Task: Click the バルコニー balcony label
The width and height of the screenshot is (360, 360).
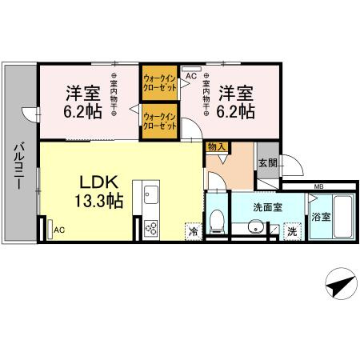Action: point(18,166)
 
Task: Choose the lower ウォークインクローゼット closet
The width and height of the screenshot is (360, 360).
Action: point(159,122)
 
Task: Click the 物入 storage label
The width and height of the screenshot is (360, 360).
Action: point(215,147)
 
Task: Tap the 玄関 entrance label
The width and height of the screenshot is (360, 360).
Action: point(267,163)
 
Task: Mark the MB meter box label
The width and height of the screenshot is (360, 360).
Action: point(318,188)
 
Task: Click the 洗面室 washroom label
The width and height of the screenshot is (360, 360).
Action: point(266,207)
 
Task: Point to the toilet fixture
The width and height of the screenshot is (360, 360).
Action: point(215,219)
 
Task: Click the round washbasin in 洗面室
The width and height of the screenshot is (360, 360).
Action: point(255,228)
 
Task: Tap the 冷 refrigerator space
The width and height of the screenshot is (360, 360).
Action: point(193,230)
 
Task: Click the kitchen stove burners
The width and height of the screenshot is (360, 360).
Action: point(150,227)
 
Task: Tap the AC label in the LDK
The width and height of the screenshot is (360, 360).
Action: point(58,230)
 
